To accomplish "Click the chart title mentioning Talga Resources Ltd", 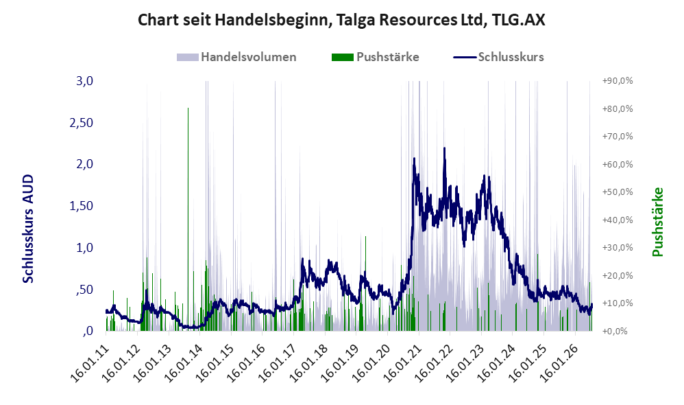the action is point(341,20).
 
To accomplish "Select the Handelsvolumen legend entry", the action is point(236,57).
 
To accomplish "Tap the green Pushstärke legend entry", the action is point(375,57).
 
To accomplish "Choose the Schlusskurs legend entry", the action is point(498,57).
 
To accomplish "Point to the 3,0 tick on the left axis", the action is point(84,81).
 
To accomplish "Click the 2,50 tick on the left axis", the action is point(82,123).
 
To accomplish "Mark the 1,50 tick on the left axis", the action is point(82,206).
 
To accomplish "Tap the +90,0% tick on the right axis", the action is point(618,81).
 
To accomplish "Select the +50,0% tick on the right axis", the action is point(618,192).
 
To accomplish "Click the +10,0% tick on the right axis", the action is point(618,303).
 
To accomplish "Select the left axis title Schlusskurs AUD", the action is point(28,229).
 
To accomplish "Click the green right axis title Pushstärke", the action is point(657,222).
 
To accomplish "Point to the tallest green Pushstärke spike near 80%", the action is point(188,218).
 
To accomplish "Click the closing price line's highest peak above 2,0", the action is point(445,148).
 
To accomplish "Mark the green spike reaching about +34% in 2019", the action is point(365,283).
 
